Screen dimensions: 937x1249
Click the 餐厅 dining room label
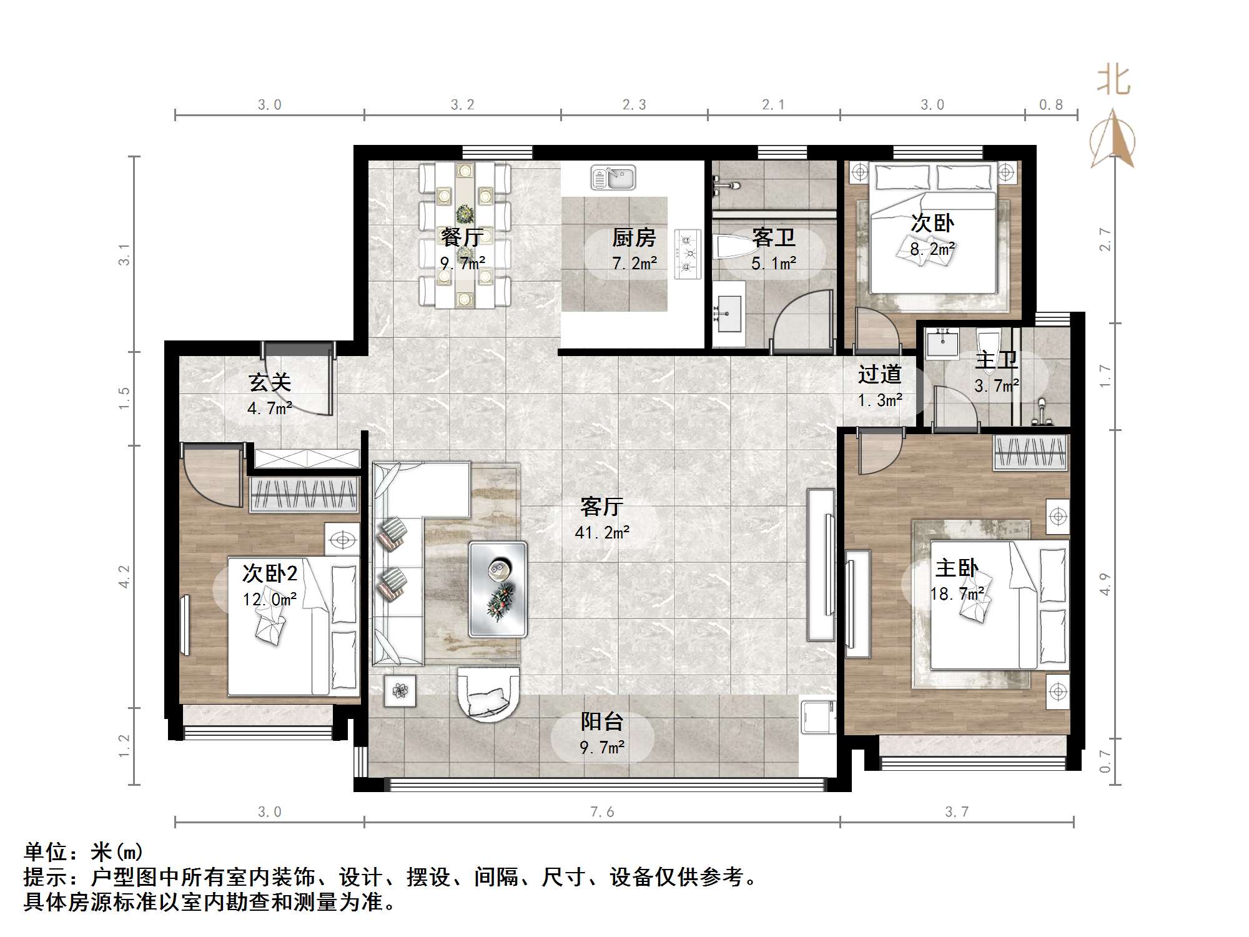(x=462, y=237)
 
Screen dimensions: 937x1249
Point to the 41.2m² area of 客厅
(x=602, y=533)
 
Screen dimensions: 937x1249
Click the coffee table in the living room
(x=498, y=589)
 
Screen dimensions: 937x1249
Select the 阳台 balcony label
(x=602, y=722)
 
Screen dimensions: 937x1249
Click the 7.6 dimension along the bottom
(x=602, y=812)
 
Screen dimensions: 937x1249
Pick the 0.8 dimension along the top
(x=1051, y=105)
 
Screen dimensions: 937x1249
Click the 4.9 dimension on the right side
(x=1105, y=584)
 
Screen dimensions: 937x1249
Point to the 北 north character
(x=1113, y=81)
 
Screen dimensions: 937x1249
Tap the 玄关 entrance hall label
(x=270, y=382)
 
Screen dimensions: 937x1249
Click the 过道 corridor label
(x=879, y=374)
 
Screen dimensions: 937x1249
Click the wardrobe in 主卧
(x=1031, y=453)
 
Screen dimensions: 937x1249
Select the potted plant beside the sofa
(x=400, y=691)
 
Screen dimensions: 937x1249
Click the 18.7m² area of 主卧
(x=957, y=593)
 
